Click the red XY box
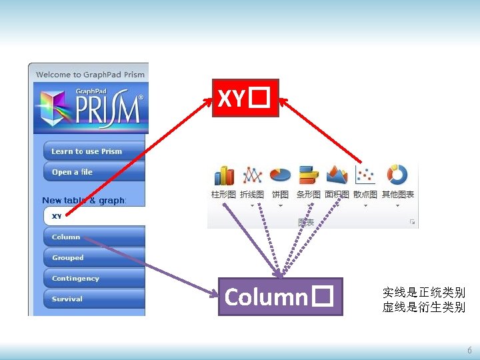point(245,98)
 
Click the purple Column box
point(280,297)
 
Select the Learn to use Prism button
point(93,151)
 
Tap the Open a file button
point(93,172)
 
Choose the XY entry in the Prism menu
point(93,216)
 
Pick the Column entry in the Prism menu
point(93,237)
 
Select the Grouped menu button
point(93,257)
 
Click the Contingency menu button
point(93,278)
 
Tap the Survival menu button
point(93,299)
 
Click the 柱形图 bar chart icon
point(223,175)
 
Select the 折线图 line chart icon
point(252,175)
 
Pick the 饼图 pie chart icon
point(281,175)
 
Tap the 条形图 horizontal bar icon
point(309,175)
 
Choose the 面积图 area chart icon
point(337,175)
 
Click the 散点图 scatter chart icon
point(365,175)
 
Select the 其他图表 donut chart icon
point(397,175)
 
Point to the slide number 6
point(469,350)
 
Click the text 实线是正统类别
point(423,292)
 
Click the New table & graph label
point(84,200)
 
